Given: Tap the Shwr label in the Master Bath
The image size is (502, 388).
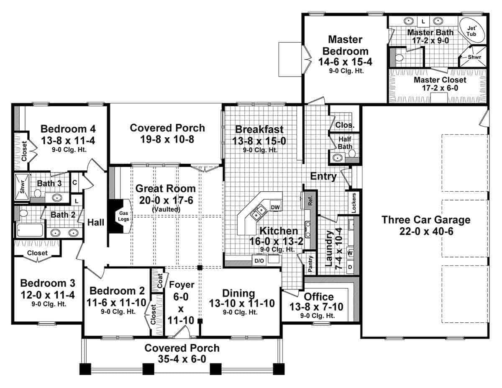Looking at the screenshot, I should coord(474,57).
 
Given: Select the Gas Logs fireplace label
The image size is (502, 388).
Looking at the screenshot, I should coord(124,216).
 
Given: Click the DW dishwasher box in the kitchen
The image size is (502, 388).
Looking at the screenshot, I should coord(275,207).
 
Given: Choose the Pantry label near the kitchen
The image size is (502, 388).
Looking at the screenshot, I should coord(310,265).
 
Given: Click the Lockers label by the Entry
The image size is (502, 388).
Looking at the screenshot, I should coord(354,203).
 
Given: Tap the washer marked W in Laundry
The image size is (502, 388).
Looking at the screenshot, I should coord(350,253).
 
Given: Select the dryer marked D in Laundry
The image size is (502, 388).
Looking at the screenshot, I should coord(350,267).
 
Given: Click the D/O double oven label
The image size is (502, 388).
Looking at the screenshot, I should coord(259,260).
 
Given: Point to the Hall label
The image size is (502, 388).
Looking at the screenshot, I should coord(95,223).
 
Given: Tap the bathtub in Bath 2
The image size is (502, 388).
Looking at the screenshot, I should coord(29,231).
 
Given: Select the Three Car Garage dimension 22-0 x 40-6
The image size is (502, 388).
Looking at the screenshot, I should coord(426,231).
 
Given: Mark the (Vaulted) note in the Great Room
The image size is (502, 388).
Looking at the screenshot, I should coord(166,209).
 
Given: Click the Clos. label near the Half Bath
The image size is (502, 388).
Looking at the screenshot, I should coord(345,124).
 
